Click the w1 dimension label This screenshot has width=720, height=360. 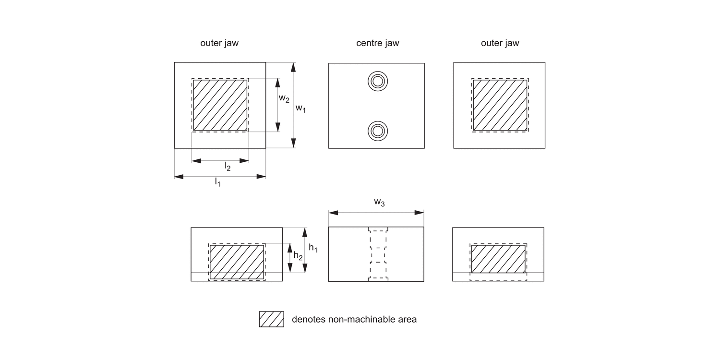(x=300, y=108)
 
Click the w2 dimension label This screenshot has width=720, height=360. (x=284, y=98)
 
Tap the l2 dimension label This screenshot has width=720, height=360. (x=228, y=167)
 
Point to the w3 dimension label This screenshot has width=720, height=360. (x=379, y=203)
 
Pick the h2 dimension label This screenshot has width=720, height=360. (x=298, y=256)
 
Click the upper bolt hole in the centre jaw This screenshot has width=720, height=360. (x=377, y=82)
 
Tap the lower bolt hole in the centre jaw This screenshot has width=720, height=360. (x=377, y=130)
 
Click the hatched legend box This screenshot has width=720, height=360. (x=271, y=319)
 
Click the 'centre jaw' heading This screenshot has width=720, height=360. (x=377, y=43)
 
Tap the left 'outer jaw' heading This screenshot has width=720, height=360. (x=219, y=43)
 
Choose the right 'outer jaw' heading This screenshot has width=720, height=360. (x=500, y=43)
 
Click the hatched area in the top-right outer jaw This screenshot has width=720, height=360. (x=500, y=105)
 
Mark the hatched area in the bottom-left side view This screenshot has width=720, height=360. (x=237, y=262)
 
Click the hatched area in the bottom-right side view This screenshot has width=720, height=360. (x=498, y=259)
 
